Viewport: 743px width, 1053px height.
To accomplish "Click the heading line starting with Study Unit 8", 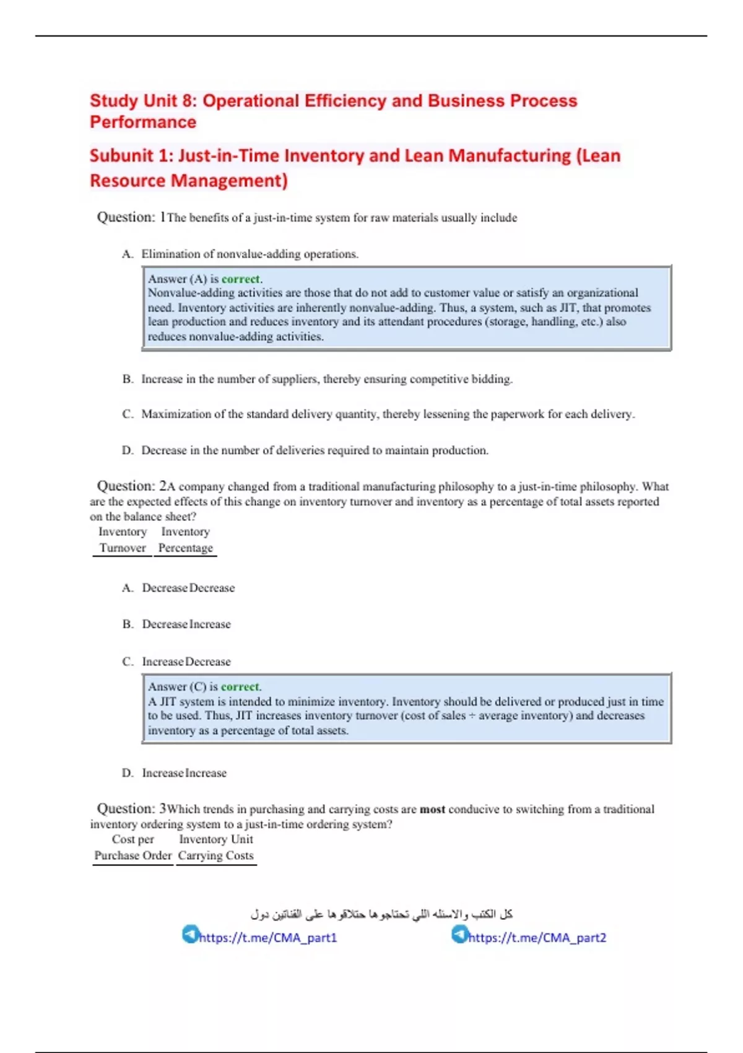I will point(333,101).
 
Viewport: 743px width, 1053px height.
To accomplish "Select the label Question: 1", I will point(131,217).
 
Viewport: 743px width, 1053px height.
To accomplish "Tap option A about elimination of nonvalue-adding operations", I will point(250,254).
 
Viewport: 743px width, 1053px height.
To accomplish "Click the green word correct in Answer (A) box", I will point(241,279).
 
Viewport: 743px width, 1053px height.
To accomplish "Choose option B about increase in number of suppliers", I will point(326,379).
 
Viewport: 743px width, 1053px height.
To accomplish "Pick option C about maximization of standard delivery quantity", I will point(387,414).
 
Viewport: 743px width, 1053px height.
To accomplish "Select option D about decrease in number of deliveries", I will point(314,450).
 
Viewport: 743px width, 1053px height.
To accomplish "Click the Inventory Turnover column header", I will point(123,540).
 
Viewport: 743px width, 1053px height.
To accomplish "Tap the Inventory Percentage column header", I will point(185,540).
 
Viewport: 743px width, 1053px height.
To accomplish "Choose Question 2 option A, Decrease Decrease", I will point(188,588).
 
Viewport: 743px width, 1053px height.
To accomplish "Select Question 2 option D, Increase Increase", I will point(184,773).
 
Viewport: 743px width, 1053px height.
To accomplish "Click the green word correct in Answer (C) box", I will point(240,687).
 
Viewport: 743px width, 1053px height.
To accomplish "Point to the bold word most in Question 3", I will point(432,810).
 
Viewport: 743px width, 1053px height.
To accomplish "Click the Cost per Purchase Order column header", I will point(133,847).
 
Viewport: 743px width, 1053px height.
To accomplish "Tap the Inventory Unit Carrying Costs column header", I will point(215,847).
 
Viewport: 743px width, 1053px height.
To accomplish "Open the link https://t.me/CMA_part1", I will point(268,938).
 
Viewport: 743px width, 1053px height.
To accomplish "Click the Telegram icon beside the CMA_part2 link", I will point(459,934).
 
